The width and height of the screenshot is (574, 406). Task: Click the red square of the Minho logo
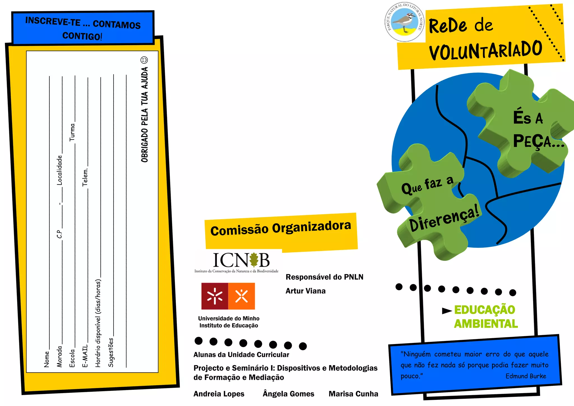tap(214, 296)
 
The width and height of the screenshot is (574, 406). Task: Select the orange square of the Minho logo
tap(242, 296)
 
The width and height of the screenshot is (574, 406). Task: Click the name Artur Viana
tap(305, 291)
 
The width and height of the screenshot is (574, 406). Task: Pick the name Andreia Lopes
tap(219, 394)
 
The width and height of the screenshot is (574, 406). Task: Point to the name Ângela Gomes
tap(288, 394)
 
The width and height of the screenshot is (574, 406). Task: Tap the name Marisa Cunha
tap(353, 394)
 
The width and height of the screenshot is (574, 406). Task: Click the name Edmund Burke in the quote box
tap(526, 376)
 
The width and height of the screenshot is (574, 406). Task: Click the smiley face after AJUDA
tap(144, 60)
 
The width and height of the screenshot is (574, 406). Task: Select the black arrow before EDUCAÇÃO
tap(446, 311)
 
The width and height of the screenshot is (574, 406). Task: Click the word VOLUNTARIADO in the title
tap(485, 50)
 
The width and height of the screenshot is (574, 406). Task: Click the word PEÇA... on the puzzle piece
tap(538, 141)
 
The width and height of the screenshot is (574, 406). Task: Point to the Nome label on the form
tap(47, 359)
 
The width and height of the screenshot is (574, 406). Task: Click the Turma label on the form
tap(72, 132)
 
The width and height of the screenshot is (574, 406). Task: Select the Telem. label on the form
tap(85, 177)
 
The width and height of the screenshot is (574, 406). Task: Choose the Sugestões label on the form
tap(111, 352)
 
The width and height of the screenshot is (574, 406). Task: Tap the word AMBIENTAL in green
tap(486, 324)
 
